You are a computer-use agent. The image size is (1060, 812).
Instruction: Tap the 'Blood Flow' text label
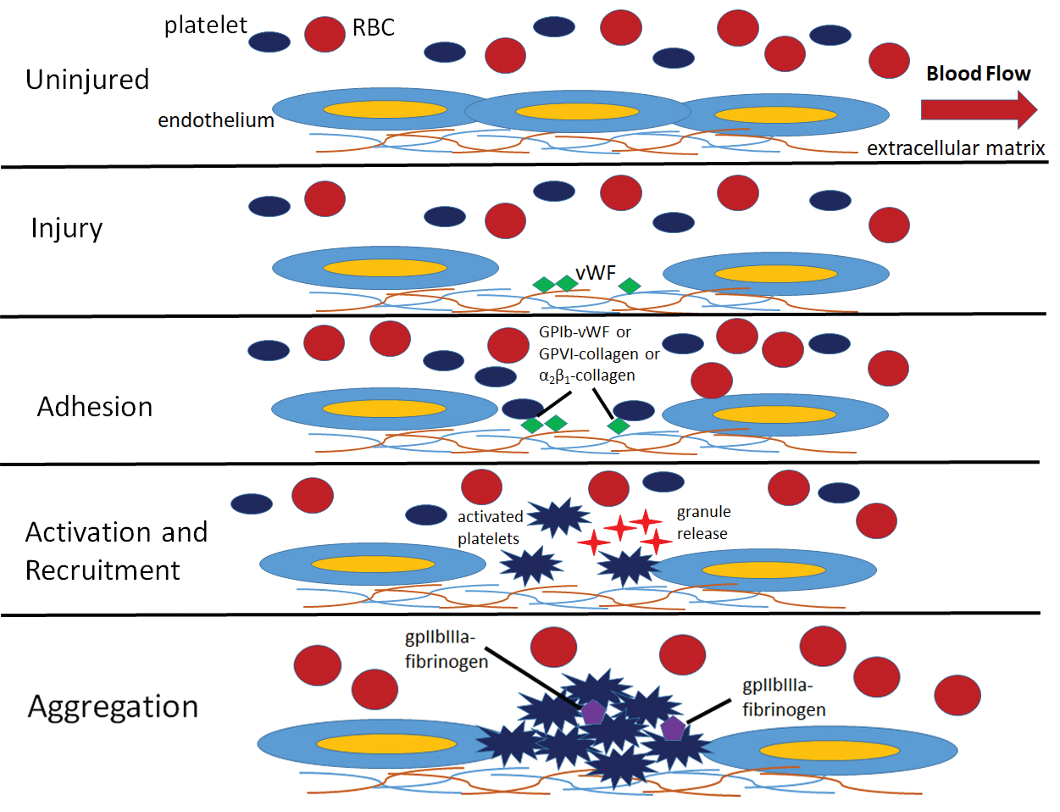pos(978,74)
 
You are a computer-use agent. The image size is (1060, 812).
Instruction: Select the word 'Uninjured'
pos(87,80)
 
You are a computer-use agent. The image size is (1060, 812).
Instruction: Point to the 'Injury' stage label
pos(67,229)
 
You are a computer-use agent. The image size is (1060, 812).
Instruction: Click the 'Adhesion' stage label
pos(95,407)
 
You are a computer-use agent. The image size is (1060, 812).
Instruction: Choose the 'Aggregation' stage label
pos(114,707)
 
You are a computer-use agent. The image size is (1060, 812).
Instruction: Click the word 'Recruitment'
pos(103,570)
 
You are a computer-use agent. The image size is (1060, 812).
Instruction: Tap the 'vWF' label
pos(596,273)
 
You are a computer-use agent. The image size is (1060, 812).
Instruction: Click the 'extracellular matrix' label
pos(956,148)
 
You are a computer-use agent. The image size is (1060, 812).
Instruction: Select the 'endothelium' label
pos(216,120)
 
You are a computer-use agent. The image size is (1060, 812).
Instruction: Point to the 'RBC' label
pos(373,28)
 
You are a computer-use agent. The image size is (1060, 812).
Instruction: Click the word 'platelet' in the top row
pos(205,25)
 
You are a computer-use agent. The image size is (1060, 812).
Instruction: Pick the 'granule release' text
pos(703,522)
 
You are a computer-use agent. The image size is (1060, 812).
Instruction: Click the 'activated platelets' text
pos(489,527)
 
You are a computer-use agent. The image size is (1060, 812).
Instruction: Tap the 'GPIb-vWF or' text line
pos(585,332)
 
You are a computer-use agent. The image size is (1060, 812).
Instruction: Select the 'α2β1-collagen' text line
pos(586,375)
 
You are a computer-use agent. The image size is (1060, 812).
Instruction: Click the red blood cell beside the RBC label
pos(325,35)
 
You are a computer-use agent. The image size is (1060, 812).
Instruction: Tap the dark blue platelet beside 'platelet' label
pos(269,42)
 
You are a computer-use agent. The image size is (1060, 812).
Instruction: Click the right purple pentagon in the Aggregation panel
pos(673,728)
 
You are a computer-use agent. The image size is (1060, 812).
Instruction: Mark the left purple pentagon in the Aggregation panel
pos(593,712)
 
